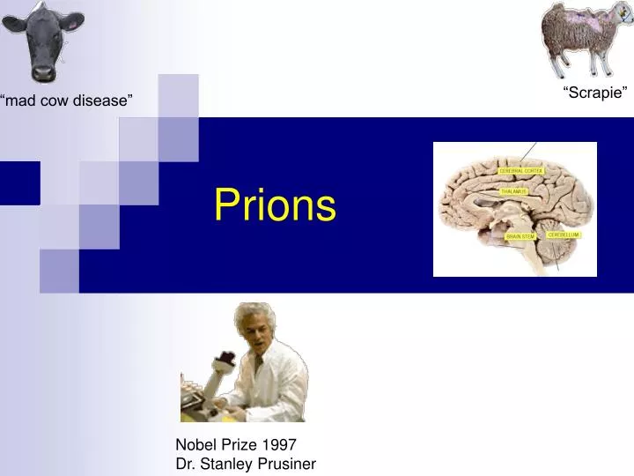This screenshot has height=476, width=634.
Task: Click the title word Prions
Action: pos(275,205)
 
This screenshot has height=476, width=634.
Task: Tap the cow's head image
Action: pos(41,40)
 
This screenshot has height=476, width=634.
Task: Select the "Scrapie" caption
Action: pos(595,93)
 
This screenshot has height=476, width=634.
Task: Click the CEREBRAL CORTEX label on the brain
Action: pos(522,170)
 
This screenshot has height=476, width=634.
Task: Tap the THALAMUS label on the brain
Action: pos(513,191)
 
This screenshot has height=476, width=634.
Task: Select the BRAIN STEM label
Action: pos(520,236)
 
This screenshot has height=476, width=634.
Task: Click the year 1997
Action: pos(280,445)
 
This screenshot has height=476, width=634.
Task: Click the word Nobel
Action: pos(195,445)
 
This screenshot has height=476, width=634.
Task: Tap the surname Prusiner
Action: pos(284,464)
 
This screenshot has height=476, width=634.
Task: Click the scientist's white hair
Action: pos(253,316)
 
